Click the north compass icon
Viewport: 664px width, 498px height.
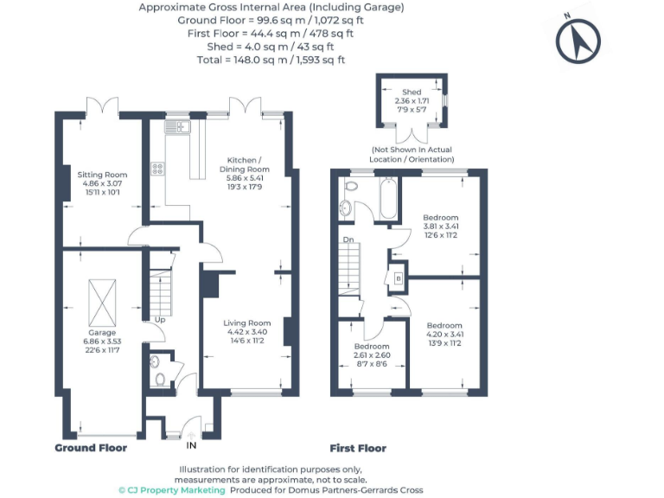[x=578, y=41]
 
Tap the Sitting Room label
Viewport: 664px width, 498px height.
[x=102, y=175]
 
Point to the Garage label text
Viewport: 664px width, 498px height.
[x=102, y=332]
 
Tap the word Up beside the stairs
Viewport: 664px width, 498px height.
[x=160, y=320]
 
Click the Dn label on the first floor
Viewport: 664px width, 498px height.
[x=348, y=239]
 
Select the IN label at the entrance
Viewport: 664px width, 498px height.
[x=192, y=445]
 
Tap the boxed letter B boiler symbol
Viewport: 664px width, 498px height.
[x=398, y=278]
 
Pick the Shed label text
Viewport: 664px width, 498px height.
[x=412, y=92]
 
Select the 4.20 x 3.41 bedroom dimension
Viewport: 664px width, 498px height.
[x=444, y=335]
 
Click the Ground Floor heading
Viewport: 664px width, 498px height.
[x=91, y=448]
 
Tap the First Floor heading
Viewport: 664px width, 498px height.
[x=358, y=448]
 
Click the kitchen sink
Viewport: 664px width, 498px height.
[x=176, y=127]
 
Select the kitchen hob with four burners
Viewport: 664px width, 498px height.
[x=159, y=169]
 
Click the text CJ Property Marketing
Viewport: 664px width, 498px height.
[x=177, y=490]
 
